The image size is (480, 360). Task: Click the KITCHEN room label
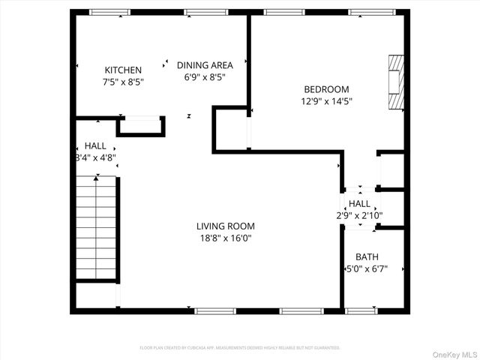click(x=123, y=70)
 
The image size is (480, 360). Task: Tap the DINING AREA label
click(x=205, y=65)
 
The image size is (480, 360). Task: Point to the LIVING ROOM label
click(x=225, y=226)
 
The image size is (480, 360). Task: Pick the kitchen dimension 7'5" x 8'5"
click(x=123, y=82)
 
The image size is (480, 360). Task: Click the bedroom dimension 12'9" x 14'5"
click(x=326, y=101)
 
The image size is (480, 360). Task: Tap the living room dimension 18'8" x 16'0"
click(x=225, y=238)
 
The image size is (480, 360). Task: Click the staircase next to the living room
click(x=96, y=227)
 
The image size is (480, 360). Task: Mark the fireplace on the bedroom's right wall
click(x=395, y=82)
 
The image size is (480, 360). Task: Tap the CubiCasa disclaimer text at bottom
click(x=240, y=348)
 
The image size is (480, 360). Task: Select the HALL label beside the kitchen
click(x=95, y=145)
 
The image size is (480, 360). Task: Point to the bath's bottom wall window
click(x=361, y=310)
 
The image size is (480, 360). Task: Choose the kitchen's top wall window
click(x=109, y=12)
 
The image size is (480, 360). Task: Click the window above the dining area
click(x=206, y=12)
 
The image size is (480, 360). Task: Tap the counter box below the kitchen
click(x=141, y=126)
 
